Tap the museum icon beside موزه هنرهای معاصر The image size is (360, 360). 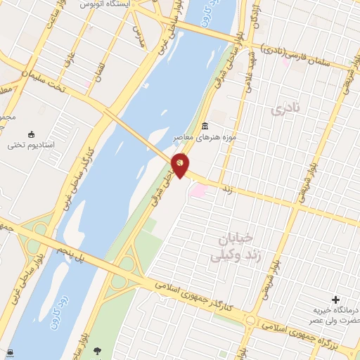pos(205,127)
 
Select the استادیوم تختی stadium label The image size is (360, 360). pos(31,146)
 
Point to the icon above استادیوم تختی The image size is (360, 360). pos(31,134)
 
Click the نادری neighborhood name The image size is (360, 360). pos(285,109)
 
